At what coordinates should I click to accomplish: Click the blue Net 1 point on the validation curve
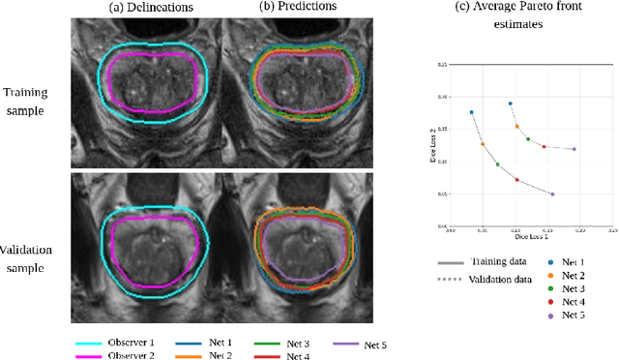[510, 104]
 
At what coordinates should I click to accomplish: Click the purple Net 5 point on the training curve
[552, 195]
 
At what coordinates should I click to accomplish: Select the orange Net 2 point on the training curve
[483, 144]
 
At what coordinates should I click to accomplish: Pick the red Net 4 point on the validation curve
[544, 147]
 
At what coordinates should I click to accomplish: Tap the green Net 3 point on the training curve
[497, 165]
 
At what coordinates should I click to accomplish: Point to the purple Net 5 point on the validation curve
[574, 149]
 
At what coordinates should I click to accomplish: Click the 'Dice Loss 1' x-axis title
[530, 236]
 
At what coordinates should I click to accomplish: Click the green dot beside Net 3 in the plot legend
[550, 289]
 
